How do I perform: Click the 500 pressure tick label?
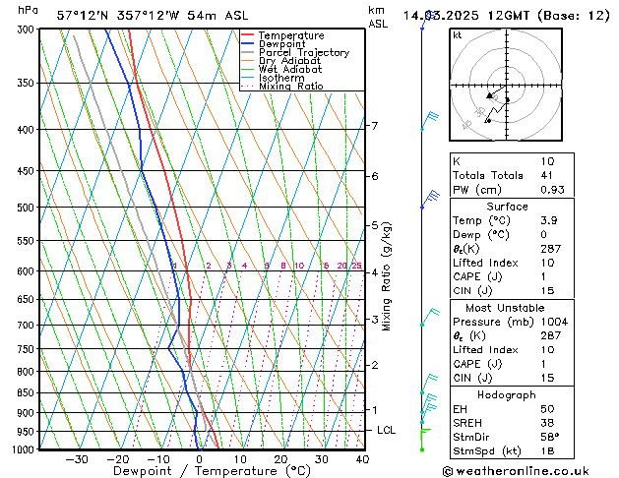click(26, 208)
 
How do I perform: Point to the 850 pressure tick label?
click(26, 392)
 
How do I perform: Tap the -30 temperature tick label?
click(77, 459)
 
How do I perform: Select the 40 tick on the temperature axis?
click(362, 459)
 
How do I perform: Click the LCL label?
click(387, 431)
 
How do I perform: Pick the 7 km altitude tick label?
click(375, 126)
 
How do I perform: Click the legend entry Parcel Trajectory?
click(303, 52)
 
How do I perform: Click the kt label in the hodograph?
click(458, 35)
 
